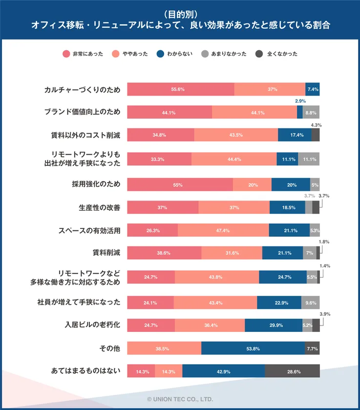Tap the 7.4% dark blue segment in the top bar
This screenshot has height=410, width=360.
313,89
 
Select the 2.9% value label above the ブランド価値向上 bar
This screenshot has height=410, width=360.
300,101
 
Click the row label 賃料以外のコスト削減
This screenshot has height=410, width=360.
85,135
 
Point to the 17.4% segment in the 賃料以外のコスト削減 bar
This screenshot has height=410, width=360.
295,135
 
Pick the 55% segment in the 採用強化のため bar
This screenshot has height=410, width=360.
180,185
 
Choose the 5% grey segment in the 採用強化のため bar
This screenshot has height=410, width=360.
315,185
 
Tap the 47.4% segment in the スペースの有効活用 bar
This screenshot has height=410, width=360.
223,230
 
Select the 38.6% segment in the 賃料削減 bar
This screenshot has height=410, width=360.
164,253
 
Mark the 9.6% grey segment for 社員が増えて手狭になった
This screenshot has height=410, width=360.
311,303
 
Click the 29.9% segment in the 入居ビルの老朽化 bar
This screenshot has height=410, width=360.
274,325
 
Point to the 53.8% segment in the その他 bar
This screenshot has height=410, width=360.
253,348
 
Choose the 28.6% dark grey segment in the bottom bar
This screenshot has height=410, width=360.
293,371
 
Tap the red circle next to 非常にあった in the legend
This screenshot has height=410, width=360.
66,54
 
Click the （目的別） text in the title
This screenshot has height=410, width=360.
180,14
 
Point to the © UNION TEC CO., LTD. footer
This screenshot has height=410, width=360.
180,399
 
